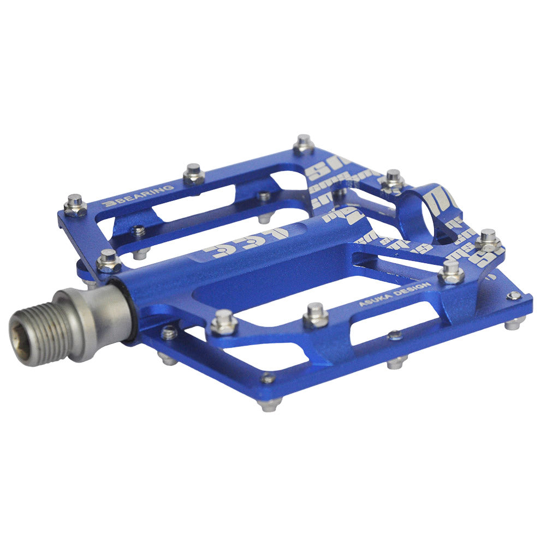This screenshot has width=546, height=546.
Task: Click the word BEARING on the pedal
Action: [144, 194]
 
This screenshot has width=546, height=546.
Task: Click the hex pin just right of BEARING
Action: [194, 174]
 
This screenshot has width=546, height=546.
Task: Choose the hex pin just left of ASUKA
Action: [316, 315]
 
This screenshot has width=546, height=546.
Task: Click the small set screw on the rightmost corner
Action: [514, 296]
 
